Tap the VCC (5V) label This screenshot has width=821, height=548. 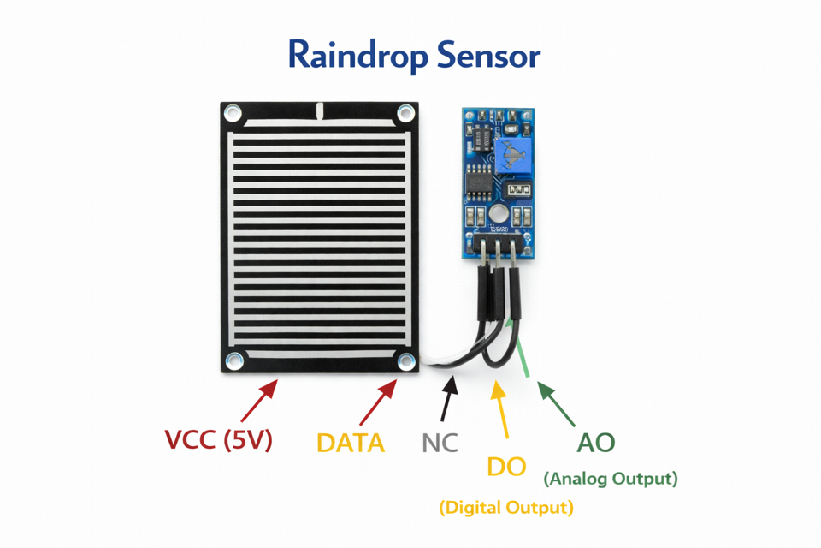[x=218, y=440]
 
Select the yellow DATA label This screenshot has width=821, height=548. [x=351, y=443]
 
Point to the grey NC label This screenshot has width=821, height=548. [x=440, y=443]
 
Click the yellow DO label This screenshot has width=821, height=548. [x=506, y=467]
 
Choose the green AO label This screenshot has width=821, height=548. [x=596, y=443]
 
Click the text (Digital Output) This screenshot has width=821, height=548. [x=506, y=508]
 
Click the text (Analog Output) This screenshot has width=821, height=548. [x=611, y=478]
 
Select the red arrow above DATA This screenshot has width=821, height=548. [x=379, y=402]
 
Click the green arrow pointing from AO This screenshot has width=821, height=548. [x=555, y=404]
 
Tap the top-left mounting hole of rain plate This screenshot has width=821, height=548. [x=233, y=114]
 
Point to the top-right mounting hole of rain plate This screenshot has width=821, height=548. [x=405, y=114]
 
